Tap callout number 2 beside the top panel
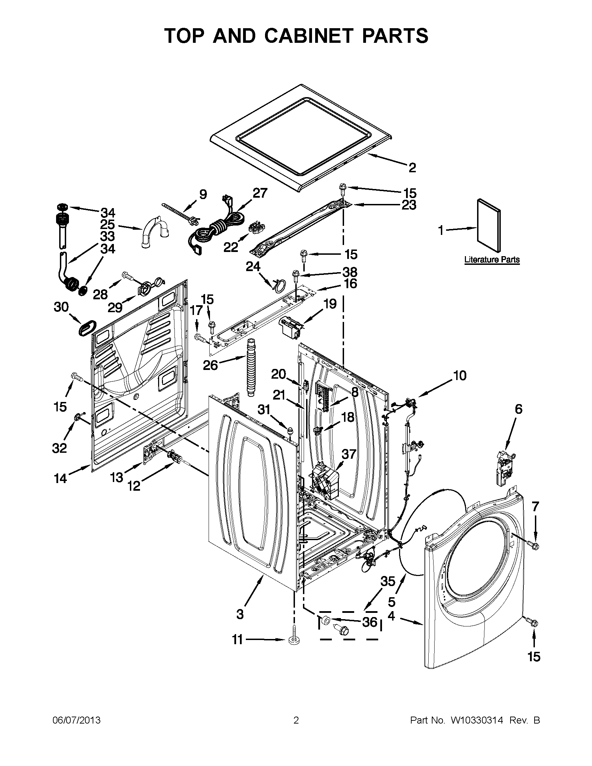(412, 168)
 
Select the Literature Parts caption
(492, 260)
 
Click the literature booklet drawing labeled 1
(489, 225)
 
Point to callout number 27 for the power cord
(260, 193)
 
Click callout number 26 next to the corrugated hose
(211, 365)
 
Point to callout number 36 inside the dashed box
(369, 622)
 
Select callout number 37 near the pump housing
(349, 454)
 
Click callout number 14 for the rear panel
(60, 478)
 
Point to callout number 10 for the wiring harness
(460, 376)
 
